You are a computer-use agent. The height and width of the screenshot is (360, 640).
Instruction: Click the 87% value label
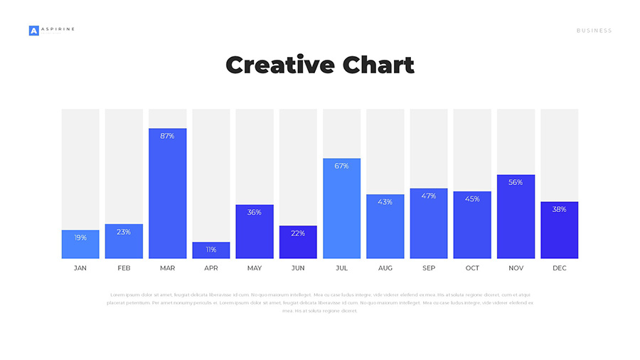coord(167,136)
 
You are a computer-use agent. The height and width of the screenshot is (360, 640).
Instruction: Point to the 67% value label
coord(341,166)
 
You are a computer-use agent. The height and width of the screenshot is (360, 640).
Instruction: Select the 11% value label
coord(211,250)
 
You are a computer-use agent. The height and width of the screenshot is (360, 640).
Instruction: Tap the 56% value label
coord(516,182)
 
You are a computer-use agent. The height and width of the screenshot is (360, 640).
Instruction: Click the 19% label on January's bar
coord(80,238)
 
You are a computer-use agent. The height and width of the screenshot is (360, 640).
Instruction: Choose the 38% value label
coord(559,209)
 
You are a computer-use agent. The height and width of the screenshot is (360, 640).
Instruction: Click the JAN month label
coord(80,268)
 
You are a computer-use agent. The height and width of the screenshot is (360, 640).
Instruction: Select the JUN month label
coord(298,268)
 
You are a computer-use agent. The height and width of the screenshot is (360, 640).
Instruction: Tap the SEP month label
coord(429,268)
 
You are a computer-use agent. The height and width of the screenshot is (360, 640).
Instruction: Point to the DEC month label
coord(559,268)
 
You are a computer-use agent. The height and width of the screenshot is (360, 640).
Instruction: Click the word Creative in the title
coord(279,65)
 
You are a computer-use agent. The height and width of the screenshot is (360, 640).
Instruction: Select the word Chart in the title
coord(378,65)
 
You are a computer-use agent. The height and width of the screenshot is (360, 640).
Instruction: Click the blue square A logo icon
coord(33,31)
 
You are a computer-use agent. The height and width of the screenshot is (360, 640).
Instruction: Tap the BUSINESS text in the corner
coord(594,31)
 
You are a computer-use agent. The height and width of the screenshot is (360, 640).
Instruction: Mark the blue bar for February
coord(124,242)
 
